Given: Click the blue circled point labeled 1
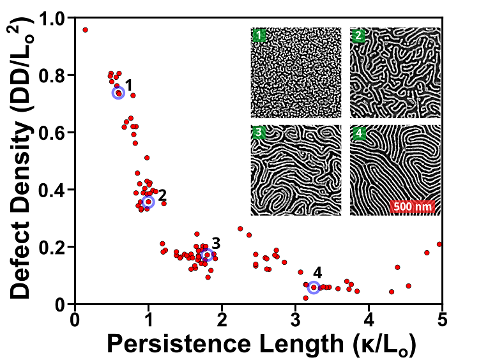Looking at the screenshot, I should pos(118,93).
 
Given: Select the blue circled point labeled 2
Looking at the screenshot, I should pos(148,202).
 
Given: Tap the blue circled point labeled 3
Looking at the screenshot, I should pos(206,255).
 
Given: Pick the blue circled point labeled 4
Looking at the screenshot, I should pos(314,288).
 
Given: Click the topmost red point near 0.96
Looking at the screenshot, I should pos(85,30).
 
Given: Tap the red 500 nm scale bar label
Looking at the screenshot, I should pos(412,207).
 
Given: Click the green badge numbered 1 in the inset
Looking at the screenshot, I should pos(259,35).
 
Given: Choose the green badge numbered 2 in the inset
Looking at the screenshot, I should pos(358,35).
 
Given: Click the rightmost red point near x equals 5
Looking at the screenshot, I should pos(439,244).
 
